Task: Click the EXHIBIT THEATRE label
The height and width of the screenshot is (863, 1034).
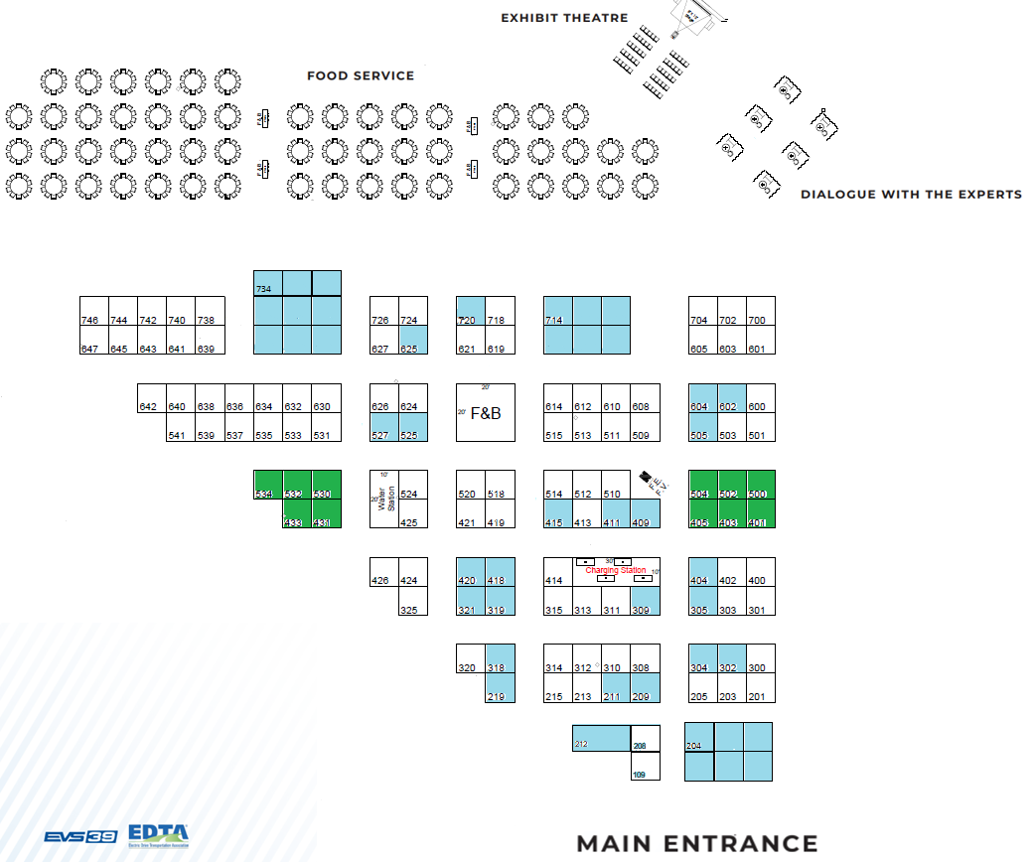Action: coord(564,18)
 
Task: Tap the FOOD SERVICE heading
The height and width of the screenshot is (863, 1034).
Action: coord(361,75)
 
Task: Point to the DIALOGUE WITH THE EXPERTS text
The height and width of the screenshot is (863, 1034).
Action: coord(911,195)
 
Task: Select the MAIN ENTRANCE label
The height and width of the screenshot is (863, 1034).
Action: coord(697,844)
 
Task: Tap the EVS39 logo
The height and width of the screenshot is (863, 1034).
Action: coord(80,837)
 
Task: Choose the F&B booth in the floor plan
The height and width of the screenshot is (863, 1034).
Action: coord(486,412)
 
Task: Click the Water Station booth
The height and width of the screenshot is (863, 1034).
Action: coord(383,499)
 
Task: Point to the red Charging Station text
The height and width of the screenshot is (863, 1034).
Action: coord(616,571)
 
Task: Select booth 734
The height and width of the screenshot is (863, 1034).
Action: coord(268,283)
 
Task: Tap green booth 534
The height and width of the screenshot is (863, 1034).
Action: coord(268,485)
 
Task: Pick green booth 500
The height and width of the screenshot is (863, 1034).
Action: coord(761,485)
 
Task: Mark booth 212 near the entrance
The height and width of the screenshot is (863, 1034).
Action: coord(601,739)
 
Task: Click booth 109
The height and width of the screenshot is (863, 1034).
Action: coord(645,767)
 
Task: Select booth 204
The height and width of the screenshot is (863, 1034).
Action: coord(699,738)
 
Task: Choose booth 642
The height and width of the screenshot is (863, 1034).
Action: coord(152,398)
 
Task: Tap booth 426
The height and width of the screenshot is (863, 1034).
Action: coord(383,572)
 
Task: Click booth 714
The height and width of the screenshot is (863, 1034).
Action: coord(586,325)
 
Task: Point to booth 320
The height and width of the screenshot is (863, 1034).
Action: coord(471,659)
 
